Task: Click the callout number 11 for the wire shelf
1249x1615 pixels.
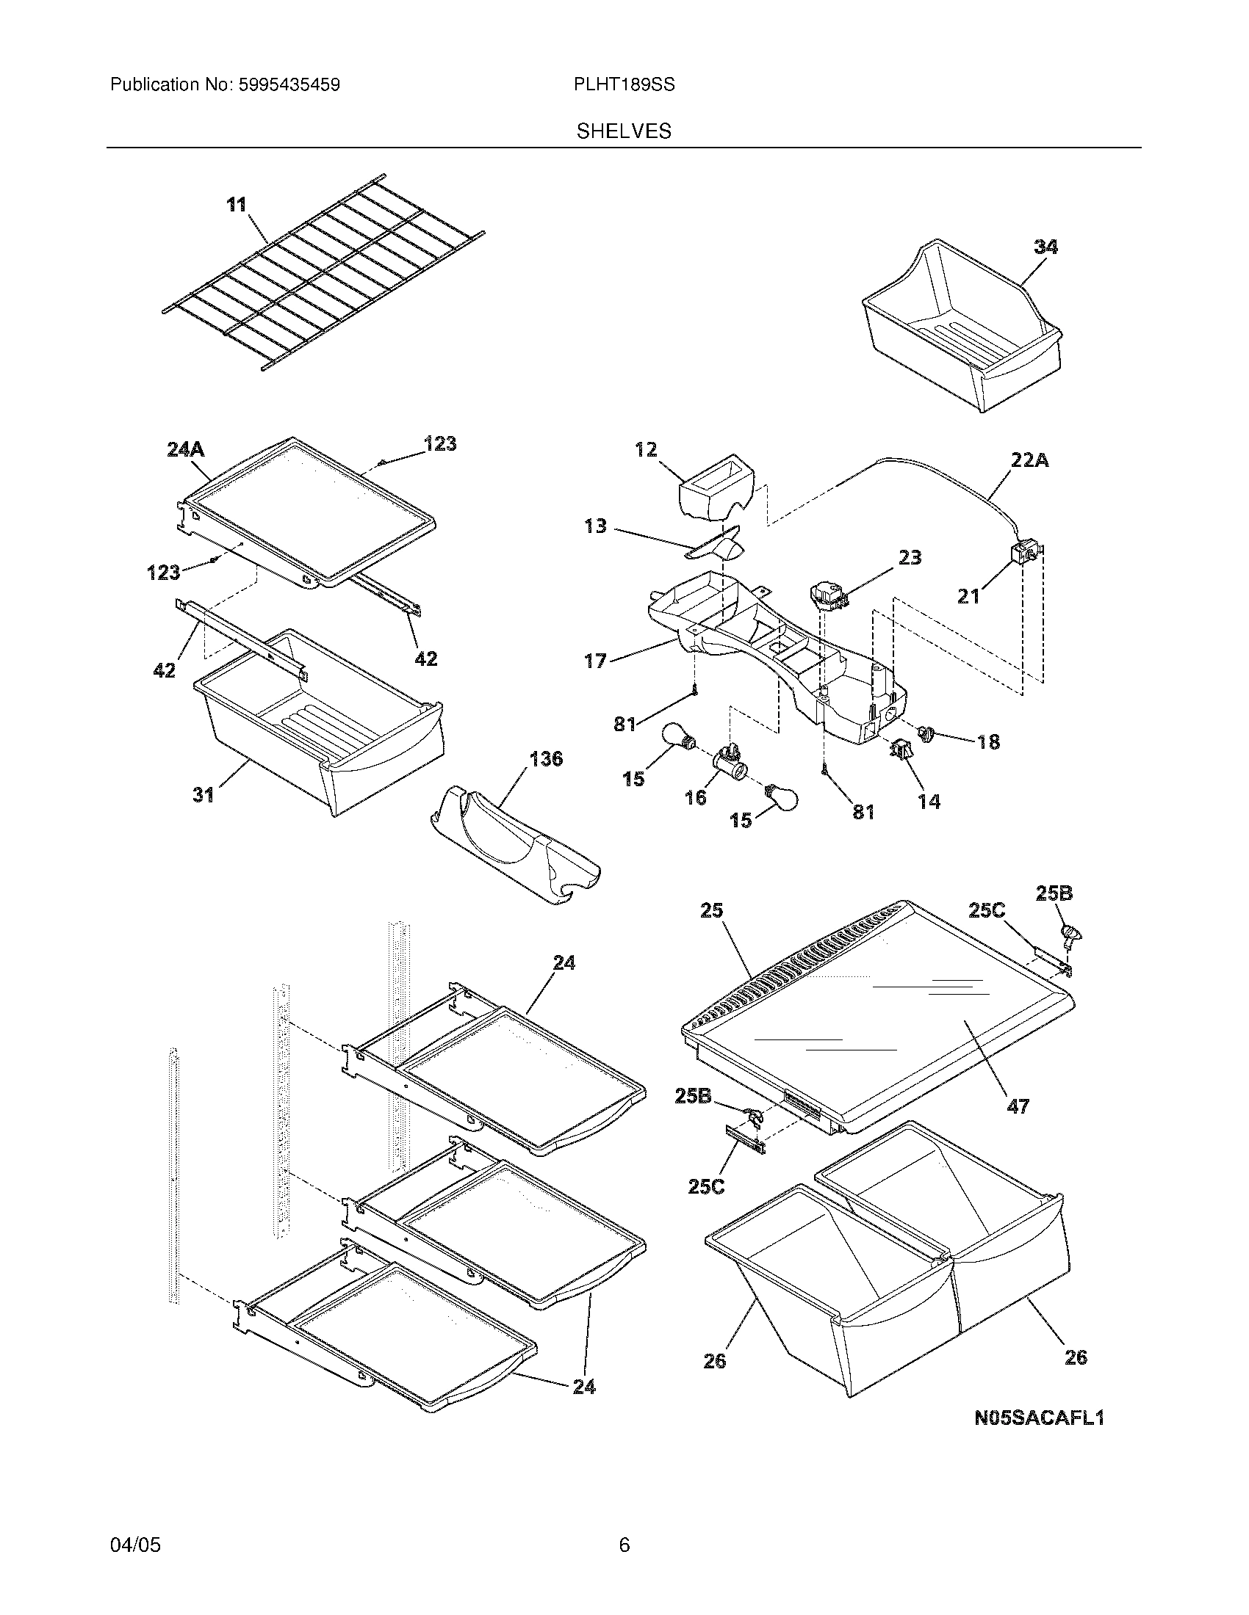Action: coord(236,205)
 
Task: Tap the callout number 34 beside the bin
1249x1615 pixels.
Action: coord(1045,247)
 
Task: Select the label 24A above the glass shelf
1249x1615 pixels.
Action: coord(185,449)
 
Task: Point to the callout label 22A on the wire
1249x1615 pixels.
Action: coord(1030,461)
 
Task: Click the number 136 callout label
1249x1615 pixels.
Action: coord(546,759)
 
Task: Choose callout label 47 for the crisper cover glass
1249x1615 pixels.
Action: coord(1018,1126)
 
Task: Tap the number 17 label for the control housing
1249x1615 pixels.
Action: coord(595,661)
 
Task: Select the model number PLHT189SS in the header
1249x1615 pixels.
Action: coord(624,85)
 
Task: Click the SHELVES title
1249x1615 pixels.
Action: coord(624,131)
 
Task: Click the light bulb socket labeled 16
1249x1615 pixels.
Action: coord(729,761)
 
